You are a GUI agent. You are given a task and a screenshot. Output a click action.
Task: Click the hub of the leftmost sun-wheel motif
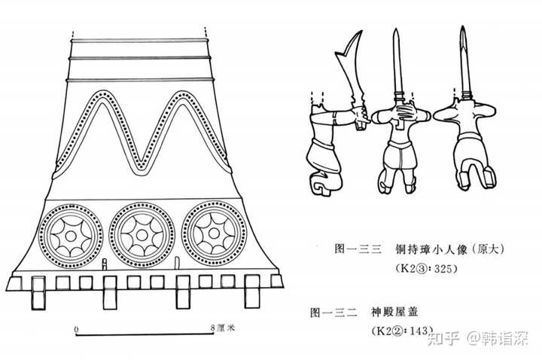pyautogui.click(x=70, y=234)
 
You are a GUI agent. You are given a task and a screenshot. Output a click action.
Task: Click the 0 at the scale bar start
pyautogui.click(x=76, y=328)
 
